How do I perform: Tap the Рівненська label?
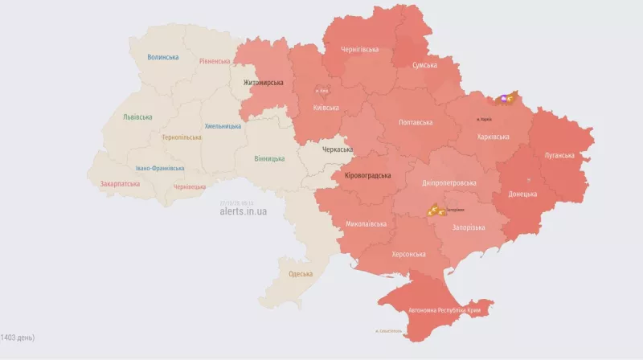215,61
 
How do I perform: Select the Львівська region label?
137,117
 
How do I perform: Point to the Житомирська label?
263,82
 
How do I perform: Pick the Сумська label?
424,65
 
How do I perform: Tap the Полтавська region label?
416,123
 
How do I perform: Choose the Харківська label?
494,137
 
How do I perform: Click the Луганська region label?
559,154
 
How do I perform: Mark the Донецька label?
522,194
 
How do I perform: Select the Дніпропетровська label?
448,183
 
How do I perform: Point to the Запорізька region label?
469,227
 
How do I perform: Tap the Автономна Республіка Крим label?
440,309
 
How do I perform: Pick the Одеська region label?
301,274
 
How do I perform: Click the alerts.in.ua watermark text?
243,212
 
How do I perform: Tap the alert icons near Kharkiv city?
506,98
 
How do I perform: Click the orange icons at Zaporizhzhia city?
435,211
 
